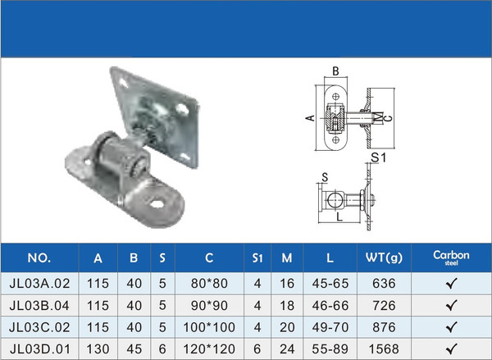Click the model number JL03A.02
click(39, 284)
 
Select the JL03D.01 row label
click(39, 349)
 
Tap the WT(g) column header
click(384, 258)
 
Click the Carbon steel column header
click(451, 257)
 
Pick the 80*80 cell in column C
click(209, 284)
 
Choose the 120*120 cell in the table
click(209, 349)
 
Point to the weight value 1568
click(384, 349)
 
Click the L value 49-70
click(330, 327)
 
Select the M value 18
click(287, 305)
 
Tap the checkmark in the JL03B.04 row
click(451, 305)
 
